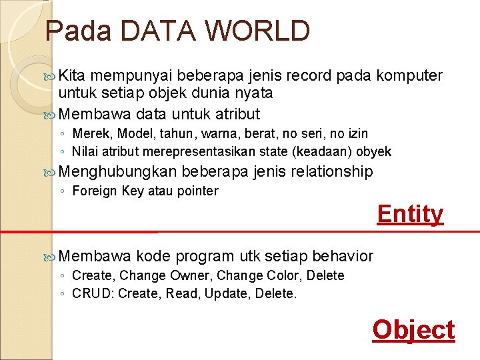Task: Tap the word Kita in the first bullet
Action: [x=73, y=76]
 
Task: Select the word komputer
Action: [x=409, y=76]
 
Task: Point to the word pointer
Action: [x=198, y=191]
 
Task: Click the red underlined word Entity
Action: [x=410, y=214]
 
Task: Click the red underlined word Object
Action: [x=413, y=329]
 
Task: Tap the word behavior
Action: [x=343, y=256]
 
